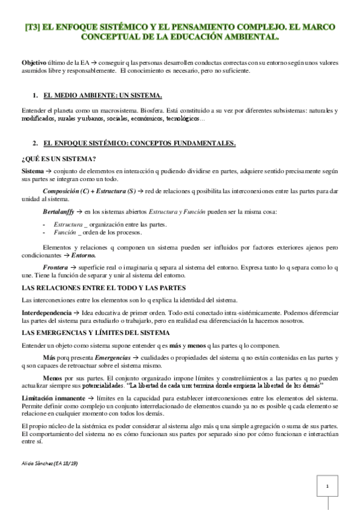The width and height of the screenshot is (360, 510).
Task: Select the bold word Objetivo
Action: pos(34,63)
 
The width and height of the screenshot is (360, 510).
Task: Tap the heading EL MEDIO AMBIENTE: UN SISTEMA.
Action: pos(103,96)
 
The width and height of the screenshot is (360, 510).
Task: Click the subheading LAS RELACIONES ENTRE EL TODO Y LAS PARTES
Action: pos(103,287)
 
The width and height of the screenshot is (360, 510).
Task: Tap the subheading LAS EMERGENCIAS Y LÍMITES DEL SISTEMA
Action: pos(96,333)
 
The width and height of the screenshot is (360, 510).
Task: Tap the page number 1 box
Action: pos(327,485)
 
